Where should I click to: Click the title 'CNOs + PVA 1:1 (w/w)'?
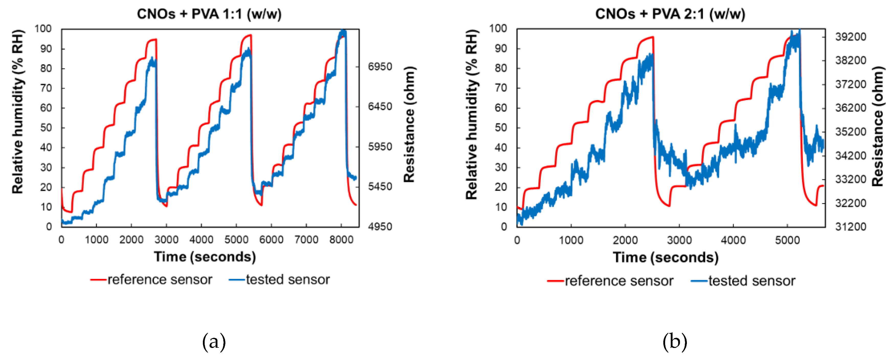(209, 14)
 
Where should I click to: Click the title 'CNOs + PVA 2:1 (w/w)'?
(670, 14)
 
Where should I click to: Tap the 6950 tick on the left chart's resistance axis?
(380, 67)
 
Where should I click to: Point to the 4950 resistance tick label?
(380, 226)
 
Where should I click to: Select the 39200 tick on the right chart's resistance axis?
(851, 37)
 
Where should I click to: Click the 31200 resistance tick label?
(851, 226)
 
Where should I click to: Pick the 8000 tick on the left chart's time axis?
(341, 239)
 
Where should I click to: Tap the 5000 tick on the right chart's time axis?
(787, 240)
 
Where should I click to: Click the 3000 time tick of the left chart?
(166, 239)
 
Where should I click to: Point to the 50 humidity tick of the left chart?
(46, 128)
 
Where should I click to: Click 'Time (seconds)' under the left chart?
(205, 257)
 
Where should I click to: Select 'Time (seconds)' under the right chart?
(665, 258)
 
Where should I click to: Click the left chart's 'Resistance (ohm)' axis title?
(410, 125)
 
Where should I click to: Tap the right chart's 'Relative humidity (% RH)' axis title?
(471, 114)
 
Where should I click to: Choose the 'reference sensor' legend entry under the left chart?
(160, 279)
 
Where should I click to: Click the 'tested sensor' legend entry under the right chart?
(751, 281)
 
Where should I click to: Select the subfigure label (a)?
(214, 342)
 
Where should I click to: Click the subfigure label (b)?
(675, 342)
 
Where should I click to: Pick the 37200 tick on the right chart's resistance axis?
(851, 84)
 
